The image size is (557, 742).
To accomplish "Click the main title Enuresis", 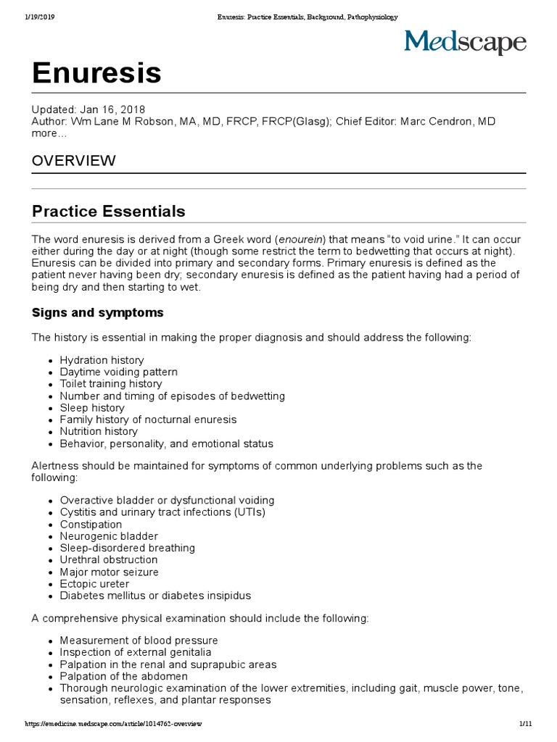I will (96, 72).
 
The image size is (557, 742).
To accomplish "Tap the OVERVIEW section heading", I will (73, 161).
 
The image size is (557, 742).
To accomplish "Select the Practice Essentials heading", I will (109, 212).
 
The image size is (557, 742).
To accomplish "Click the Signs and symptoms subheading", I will (98, 313).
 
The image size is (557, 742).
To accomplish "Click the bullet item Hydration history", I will (102, 360).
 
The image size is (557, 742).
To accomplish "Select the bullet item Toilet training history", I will (111, 384).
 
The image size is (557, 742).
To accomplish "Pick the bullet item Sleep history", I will (92, 408).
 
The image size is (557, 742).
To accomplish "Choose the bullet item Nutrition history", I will (99, 431).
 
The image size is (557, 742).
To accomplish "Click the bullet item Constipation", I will (91, 525).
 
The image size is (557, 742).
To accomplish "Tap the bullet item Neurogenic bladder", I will (109, 536).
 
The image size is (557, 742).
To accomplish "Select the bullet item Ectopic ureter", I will (94, 584).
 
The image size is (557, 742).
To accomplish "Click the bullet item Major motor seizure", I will (109, 572).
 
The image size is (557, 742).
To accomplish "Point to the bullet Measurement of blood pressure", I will (139, 641).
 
